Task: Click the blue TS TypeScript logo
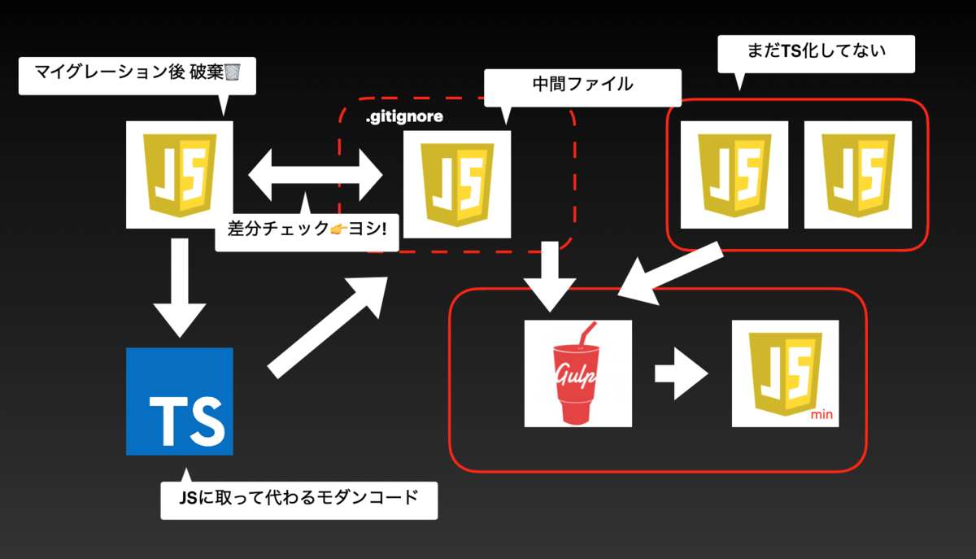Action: [180, 401]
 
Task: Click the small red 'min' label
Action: [821, 415]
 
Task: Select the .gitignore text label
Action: [404, 116]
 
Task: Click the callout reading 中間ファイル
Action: [582, 88]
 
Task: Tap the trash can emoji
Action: [233, 72]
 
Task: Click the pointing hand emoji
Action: [339, 229]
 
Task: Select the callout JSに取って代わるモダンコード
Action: [299, 500]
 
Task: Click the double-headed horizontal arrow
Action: [316, 175]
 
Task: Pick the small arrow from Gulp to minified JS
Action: [681, 373]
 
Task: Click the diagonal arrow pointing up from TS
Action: [328, 327]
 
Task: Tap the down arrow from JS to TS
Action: [180, 288]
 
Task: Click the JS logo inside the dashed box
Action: [457, 184]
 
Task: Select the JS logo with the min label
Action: [785, 373]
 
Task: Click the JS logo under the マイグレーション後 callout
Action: [180, 174]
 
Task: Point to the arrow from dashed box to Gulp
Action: [550, 277]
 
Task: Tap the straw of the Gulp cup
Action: [587, 335]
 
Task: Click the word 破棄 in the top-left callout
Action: [207, 72]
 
